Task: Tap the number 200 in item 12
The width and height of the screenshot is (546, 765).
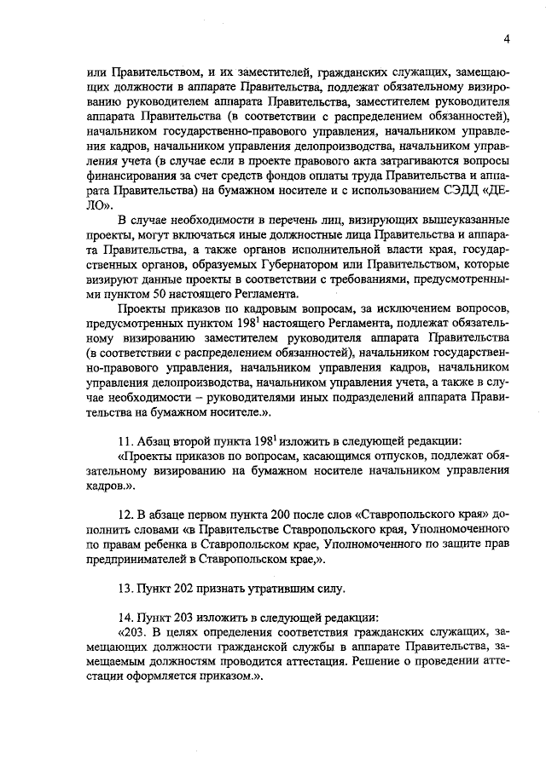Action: click(x=268, y=515)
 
